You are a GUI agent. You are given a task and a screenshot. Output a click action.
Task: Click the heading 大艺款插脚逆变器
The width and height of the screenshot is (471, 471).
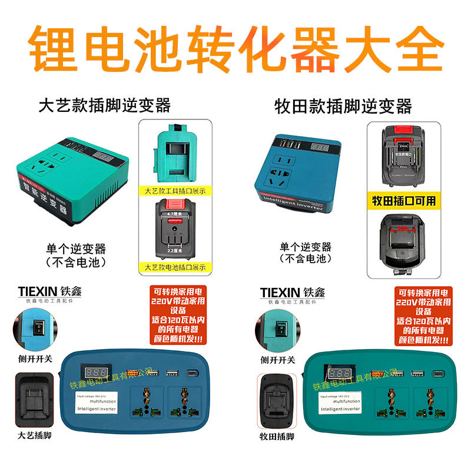[104, 106]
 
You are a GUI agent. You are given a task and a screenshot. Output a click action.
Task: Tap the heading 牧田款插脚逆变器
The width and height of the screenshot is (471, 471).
[343, 107]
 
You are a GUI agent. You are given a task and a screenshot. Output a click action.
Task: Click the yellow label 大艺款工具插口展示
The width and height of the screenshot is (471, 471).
[174, 191]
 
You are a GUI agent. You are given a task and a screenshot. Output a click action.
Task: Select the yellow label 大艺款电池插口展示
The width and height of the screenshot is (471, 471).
[175, 267]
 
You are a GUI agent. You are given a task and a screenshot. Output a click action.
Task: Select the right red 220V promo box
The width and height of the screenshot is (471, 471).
[423, 316]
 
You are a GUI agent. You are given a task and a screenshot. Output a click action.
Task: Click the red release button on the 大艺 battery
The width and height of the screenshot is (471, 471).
[174, 206]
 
